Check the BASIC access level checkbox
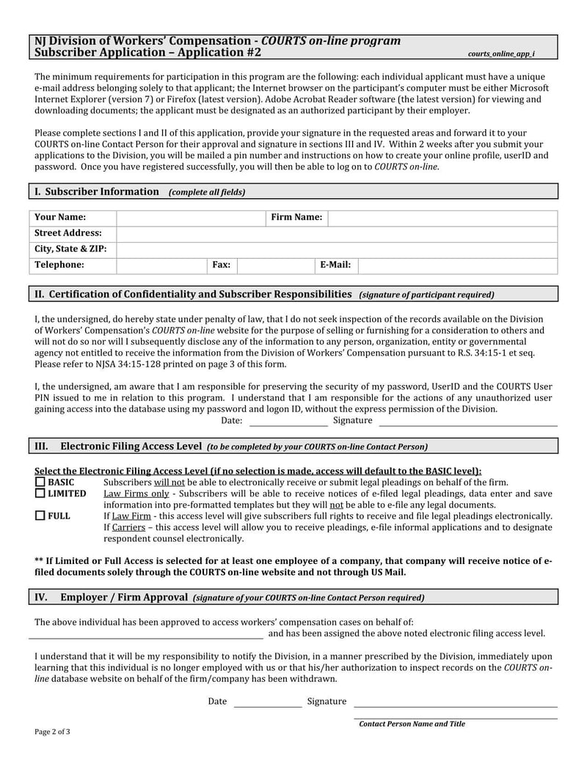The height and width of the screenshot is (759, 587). (x=40, y=483)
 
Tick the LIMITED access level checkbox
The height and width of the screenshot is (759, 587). (x=40, y=494)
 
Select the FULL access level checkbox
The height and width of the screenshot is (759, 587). (x=40, y=516)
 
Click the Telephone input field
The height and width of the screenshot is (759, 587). (x=161, y=265)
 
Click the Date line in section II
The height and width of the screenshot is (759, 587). (x=288, y=422)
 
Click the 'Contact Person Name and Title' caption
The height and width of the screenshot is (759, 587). (x=412, y=724)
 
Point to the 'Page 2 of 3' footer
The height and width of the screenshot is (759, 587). (x=53, y=732)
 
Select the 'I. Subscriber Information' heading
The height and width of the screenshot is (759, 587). (x=97, y=191)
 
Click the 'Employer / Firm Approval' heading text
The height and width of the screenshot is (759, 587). (x=124, y=597)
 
